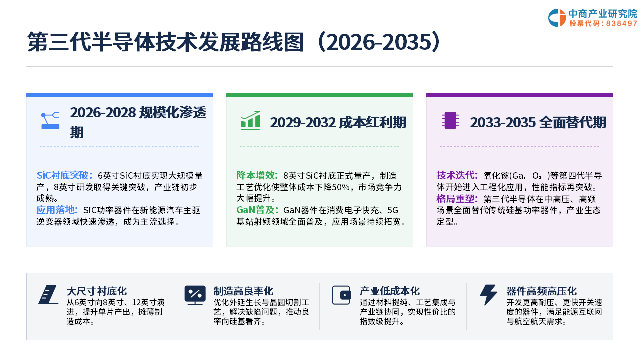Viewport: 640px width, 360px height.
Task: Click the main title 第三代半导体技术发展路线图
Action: [165, 42]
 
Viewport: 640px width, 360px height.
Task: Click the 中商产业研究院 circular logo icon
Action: [557, 18]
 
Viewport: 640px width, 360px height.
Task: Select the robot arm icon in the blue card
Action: [50, 120]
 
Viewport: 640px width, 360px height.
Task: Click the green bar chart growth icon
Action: [250, 120]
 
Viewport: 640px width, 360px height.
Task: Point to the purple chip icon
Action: [450, 120]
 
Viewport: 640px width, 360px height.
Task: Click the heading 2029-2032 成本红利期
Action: [338, 123]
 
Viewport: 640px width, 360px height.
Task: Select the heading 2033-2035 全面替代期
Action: [538, 123]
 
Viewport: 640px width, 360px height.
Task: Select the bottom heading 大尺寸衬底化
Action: [97, 291]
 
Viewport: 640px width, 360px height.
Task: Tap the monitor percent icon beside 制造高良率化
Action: [195, 295]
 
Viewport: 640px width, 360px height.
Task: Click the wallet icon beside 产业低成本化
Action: [341, 295]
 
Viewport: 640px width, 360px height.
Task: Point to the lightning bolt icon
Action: [488, 295]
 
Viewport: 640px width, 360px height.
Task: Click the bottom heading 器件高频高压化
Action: [541, 291]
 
